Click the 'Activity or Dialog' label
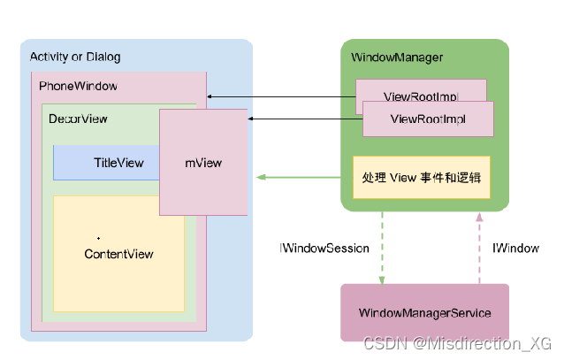[x=75, y=57]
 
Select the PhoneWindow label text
[x=78, y=87]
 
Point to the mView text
[x=203, y=163]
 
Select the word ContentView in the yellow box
[x=118, y=254]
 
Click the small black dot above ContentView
[x=98, y=238]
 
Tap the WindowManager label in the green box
[x=397, y=57]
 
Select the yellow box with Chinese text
[x=421, y=177]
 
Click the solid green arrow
[x=301, y=177]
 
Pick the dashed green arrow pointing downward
[x=382, y=248]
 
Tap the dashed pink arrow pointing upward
[x=478, y=248]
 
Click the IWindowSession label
[x=324, y=249]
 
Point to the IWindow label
[x=515, y=249]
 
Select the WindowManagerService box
[x=424, y=313]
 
